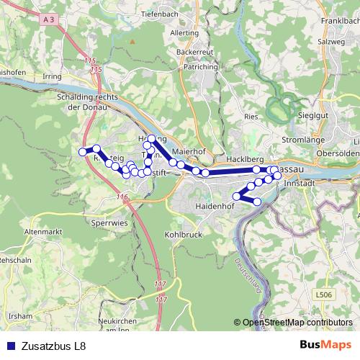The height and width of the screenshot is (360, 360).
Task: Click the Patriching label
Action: [x=201, y=67]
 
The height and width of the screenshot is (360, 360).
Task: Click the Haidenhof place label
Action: [x=215, y=207]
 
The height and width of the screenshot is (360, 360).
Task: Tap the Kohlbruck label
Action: [x=183, y=235]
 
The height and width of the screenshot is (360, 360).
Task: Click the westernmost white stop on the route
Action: [x=82, y=152]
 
